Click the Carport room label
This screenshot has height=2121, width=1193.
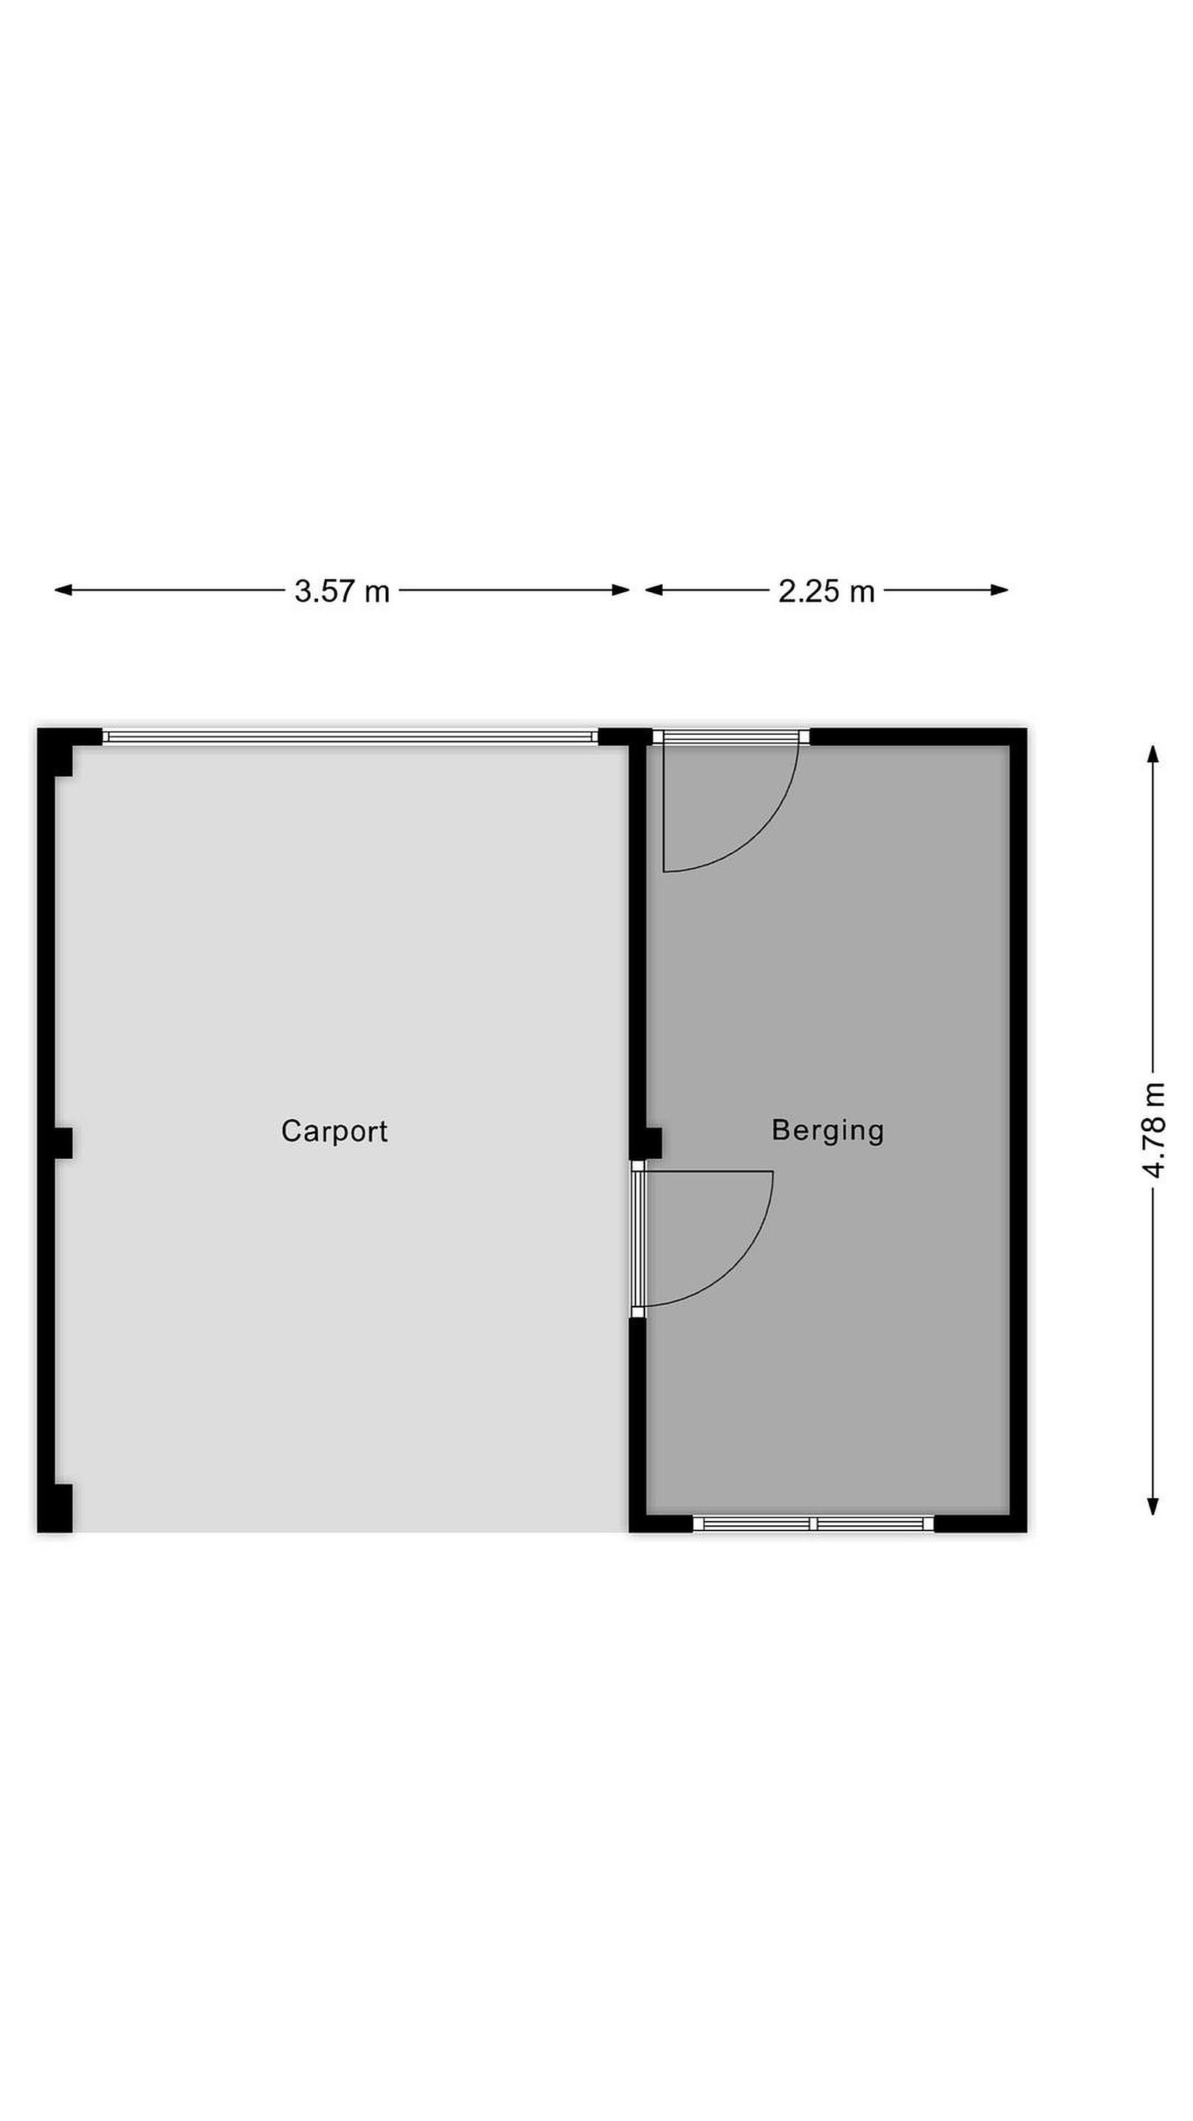[x=334, y=1130]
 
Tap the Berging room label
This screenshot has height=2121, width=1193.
[x=828, y=1130]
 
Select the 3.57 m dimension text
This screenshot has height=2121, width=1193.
[x=342, y=591]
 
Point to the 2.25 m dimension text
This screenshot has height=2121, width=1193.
[x=826, y=591]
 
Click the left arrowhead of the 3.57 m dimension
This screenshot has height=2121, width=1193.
[x=63, y=589]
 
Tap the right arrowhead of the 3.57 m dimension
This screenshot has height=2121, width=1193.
[x=621, y=589]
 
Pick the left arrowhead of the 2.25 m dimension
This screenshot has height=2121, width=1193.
[x=655, y=589]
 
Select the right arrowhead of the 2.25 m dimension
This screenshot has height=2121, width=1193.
[x=999, y=589]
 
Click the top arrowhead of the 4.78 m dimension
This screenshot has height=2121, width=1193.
[x=1152, y=754]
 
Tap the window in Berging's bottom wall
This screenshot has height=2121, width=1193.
[x=814, y=1524]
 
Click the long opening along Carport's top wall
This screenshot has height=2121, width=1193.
[x=351, y=737]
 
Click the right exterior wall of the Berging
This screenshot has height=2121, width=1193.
[x=1018, y=1130]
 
